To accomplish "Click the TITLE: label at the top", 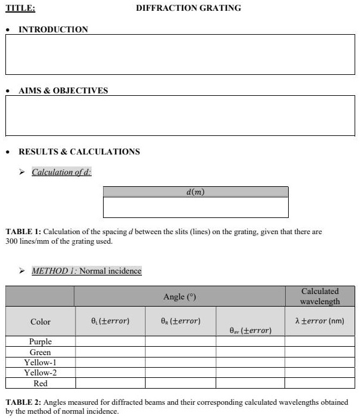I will tap(20, 8).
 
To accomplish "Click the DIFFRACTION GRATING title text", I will tap(188, 8).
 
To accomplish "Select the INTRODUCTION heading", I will tap(53, 29).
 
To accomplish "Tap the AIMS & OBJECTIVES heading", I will tap(63, 90).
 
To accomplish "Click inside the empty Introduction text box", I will tap(180, 54).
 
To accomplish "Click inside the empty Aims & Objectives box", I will tap(180, 116).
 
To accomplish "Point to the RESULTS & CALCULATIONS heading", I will tap(79, 152).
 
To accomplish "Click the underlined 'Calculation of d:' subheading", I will tap(61, 172).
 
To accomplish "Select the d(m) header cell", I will tap(196, 192).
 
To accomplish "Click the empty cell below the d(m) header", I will tap(196, 207).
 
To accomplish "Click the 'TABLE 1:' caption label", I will tap(23, 232).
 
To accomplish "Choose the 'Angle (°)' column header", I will tap(180, 297).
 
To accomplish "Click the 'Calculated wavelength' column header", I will tap(320, 296).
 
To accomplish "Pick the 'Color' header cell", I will tap(40, 322).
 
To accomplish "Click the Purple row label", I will tap(40, 341).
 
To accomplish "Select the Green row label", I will tap(40, 352).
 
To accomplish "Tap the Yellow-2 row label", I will tap(40, 372).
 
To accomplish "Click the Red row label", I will tap(40, 383).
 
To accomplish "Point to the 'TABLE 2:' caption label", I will tap(23, 402).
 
